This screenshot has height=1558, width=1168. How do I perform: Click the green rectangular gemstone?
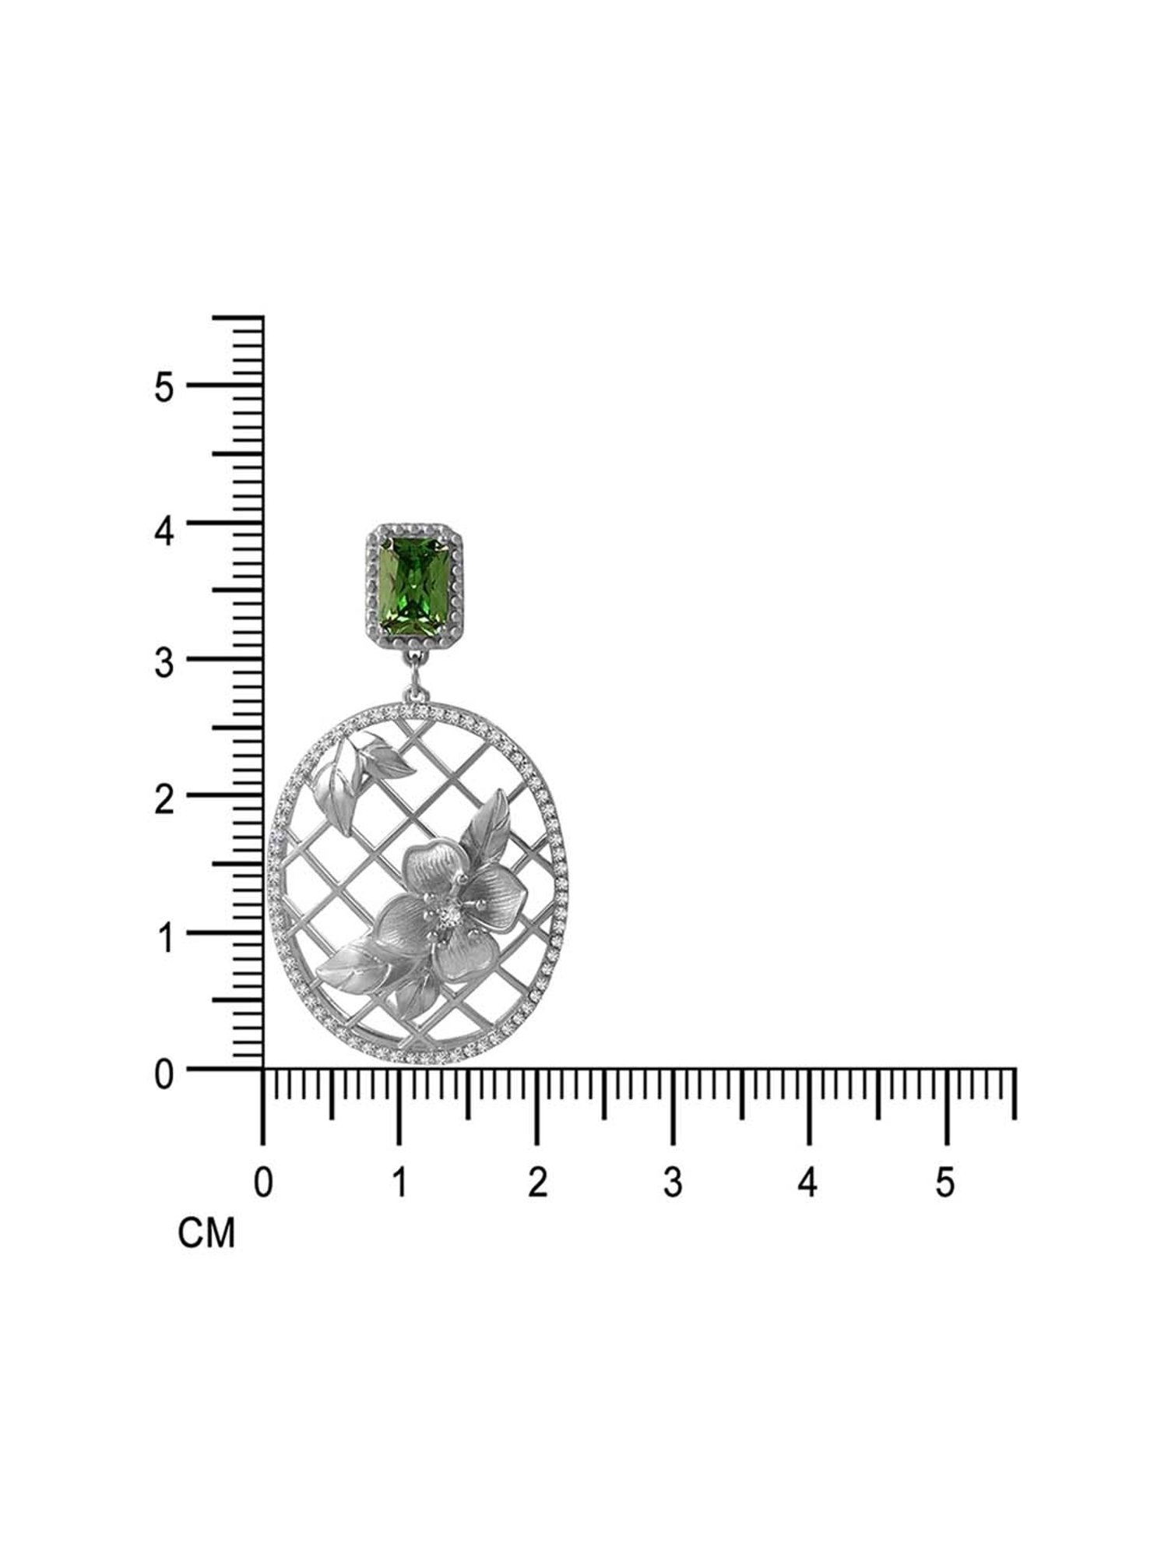coord(414,582)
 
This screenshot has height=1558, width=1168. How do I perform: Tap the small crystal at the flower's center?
coord(449,917)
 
